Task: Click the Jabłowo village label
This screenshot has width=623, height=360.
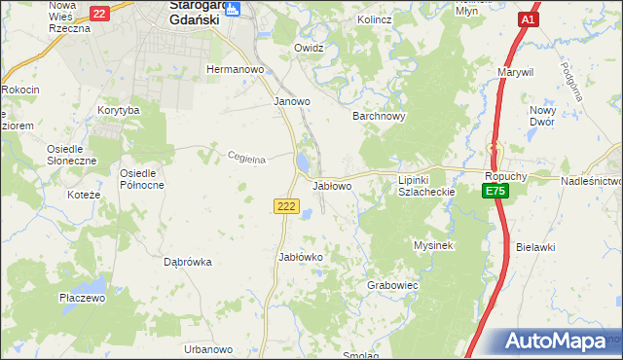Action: point(332,185)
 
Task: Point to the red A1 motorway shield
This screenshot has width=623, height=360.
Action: point(528,19)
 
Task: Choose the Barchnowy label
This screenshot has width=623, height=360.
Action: point(378,116)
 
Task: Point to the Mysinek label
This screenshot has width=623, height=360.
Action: point(435,246)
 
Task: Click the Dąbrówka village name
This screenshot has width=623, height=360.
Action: point(188,262)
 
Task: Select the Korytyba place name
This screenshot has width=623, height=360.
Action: point(119,111)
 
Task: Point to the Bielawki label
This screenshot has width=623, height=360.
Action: point(535,247)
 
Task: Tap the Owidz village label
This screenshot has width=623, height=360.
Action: point(309,47)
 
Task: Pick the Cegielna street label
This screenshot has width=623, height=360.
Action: point(246,160)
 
